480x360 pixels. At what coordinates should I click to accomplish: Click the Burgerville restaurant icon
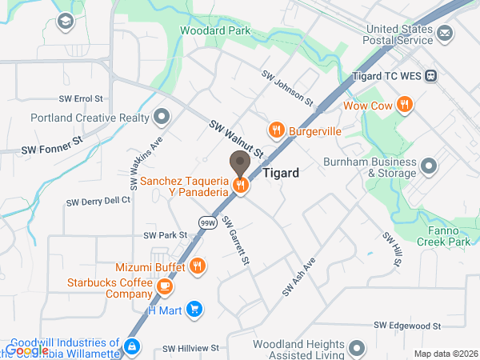(276, 129)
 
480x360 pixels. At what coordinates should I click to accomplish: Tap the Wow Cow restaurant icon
(406, 105)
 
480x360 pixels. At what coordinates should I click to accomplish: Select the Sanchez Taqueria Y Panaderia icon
(240, 186)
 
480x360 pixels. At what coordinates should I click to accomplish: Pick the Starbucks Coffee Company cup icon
(164, 286)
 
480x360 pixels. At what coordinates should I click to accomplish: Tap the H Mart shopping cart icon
(194, 309)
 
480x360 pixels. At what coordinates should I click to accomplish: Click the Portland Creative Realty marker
(162, 118)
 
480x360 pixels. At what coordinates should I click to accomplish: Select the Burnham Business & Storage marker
(430, 167)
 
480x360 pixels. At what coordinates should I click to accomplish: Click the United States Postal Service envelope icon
(445, 34)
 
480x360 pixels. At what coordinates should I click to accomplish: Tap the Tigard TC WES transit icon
(431, 76)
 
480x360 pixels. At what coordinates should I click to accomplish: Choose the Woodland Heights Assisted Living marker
(357, 348)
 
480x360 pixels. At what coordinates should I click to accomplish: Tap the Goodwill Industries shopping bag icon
(133, 347)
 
